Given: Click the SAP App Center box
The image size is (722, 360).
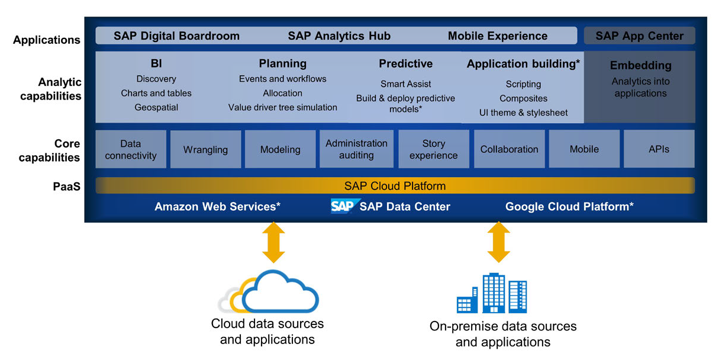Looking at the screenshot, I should [639, 36].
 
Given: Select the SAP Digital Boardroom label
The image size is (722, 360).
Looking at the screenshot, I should [176, 36].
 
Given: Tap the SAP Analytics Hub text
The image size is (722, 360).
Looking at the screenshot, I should [339, 36].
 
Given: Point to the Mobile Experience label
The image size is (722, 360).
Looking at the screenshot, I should [497, 36].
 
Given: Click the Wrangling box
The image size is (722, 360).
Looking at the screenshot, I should [205, 150].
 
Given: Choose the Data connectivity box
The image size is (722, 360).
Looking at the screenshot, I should [130, 150].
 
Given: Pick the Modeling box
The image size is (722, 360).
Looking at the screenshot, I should [280, 150].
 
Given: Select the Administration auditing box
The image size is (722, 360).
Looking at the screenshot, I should [356, 149].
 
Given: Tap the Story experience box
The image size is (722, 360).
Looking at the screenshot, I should [433, 149].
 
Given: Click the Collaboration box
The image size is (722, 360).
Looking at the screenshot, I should [509, 149].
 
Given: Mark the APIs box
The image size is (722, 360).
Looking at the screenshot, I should [659, 149].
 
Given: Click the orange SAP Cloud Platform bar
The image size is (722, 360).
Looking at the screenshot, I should [395, 186].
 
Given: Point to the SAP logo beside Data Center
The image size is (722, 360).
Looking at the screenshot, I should [342, 206].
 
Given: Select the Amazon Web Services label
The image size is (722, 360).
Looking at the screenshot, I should [217, 207].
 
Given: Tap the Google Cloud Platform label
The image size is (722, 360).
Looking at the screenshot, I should [569, 207].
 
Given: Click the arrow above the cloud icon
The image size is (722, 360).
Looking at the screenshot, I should [273, 242].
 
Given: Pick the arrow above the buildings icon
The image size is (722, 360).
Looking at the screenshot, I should [499, 242].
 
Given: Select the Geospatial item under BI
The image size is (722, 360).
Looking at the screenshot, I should [156, 107].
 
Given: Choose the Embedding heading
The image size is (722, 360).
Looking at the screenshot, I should [640, 66].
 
